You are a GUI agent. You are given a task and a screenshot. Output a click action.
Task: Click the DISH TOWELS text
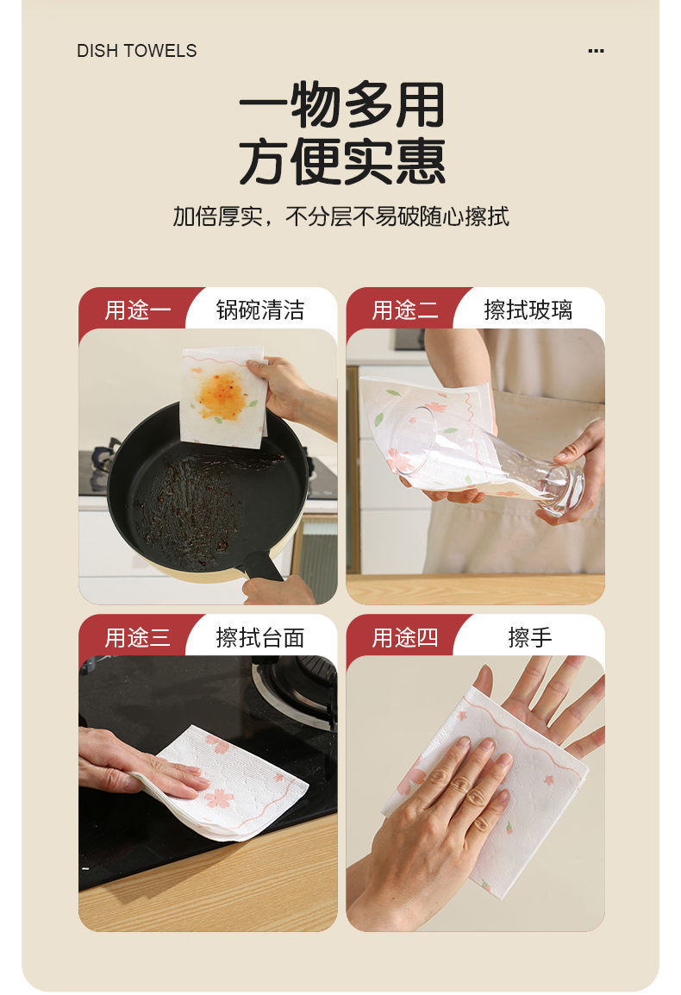[136, 51]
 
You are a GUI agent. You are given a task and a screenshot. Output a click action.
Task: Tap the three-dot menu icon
[596, 51]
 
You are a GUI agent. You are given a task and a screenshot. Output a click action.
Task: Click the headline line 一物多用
[341, 104]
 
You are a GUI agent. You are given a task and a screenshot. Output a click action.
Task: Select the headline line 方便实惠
[341, 162]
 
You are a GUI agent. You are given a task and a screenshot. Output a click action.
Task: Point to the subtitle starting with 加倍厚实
[340, 216]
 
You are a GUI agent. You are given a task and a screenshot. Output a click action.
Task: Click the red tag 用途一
[137, 310]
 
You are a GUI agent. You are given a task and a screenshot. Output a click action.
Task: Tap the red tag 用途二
[405, 310]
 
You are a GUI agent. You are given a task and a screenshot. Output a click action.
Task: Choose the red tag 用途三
[137, 638]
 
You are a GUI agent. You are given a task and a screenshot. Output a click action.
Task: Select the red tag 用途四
[405, 638]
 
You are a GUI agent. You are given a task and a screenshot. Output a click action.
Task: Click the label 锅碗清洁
[260, 310]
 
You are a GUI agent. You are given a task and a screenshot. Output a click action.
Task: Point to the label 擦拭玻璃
[528, 310]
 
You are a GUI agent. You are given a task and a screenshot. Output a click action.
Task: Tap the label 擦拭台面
[260, 638]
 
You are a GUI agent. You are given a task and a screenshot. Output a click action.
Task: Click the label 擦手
[530, 638]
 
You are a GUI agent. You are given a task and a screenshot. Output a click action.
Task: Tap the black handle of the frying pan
[264, 566]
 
